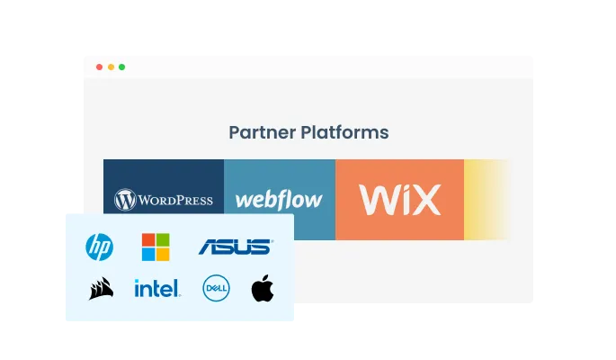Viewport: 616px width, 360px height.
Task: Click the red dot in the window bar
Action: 99,67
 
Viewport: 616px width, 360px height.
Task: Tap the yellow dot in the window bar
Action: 111,67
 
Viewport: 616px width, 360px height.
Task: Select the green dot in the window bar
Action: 122,67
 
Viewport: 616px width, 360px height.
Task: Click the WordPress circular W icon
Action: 125,200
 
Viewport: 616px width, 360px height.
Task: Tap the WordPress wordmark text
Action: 175,200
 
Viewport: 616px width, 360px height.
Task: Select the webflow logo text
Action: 279,200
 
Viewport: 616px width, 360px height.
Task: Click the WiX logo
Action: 399,199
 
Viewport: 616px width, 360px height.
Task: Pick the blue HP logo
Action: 99,246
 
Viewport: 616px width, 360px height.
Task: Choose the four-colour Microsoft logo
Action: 155,246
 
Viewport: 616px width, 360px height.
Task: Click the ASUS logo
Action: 235,246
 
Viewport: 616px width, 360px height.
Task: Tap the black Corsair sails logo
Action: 101,289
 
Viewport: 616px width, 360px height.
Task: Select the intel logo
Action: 156,289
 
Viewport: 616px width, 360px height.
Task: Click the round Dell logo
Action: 216,289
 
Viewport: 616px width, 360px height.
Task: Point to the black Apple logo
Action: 262,289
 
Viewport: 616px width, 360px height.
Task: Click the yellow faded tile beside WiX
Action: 487,200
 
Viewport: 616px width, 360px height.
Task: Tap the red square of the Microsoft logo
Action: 148,239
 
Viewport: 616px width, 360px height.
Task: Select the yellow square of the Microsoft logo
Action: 162,253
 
